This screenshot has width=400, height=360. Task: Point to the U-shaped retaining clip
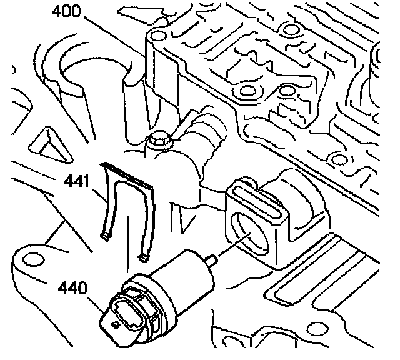pyautogui.click(x=127, y=206)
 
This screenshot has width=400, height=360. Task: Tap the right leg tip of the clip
pyautogui.click(x=146, y=257)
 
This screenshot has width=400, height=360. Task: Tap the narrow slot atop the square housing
pyautogui.click(x=257, y=194)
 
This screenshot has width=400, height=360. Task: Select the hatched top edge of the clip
pyautogui.click(x=127, y=174)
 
